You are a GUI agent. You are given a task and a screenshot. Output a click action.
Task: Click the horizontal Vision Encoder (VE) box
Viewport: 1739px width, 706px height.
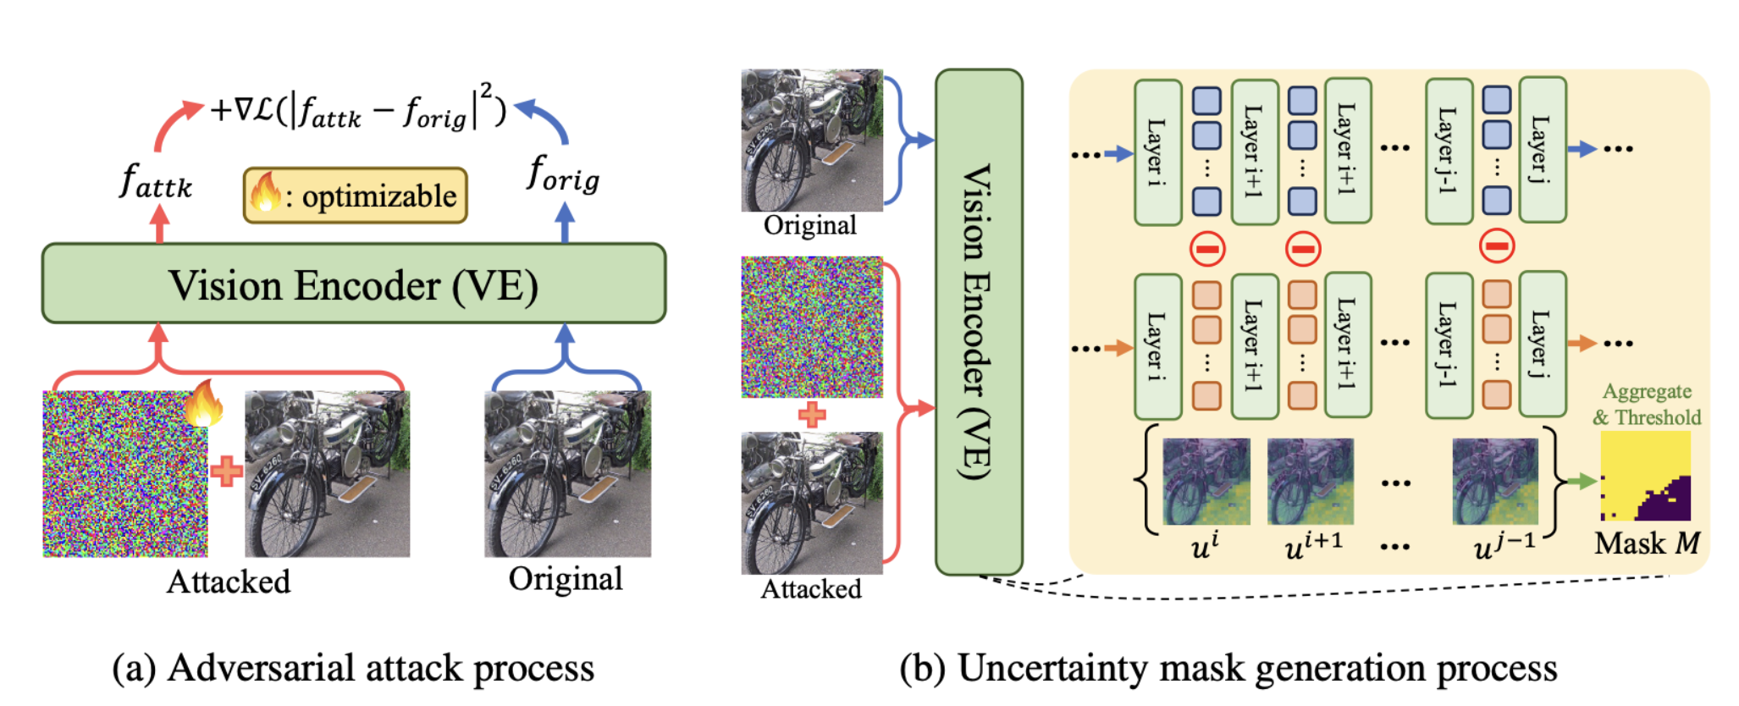354,284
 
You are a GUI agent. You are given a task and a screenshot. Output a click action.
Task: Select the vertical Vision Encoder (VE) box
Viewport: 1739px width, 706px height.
979,322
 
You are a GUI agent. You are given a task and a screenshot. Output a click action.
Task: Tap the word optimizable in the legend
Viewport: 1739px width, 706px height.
378,196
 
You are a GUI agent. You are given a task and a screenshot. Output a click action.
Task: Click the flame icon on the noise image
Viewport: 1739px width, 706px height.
204,404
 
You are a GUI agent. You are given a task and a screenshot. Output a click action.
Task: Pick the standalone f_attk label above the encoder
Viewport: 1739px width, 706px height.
157,181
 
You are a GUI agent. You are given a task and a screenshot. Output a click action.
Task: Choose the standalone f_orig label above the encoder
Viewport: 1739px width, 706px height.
563,175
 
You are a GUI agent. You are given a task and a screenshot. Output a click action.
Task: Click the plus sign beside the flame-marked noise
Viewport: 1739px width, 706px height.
226,472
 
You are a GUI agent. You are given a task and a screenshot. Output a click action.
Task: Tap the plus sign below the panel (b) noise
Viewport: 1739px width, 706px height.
812,414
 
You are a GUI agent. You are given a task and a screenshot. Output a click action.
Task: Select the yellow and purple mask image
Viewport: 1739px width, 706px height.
1645,476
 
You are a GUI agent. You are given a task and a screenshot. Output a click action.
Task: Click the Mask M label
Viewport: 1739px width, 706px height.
1646,543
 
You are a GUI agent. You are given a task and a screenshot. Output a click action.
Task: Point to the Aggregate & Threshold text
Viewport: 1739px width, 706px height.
1647,405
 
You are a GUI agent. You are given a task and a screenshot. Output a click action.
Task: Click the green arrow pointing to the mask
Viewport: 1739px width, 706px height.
1581,481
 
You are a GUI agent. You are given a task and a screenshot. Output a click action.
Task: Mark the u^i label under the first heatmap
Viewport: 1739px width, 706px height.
1204,546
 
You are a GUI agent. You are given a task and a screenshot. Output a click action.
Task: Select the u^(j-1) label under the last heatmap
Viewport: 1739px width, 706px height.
1504,545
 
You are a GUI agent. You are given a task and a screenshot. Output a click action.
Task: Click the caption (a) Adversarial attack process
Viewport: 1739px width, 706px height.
353,668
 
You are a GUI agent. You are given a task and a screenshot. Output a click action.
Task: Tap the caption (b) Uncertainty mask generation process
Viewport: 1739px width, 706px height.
1228,668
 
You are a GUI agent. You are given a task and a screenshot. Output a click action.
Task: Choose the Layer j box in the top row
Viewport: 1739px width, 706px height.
1542,150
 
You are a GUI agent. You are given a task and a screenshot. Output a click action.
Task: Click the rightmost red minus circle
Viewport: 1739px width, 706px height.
1497,246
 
